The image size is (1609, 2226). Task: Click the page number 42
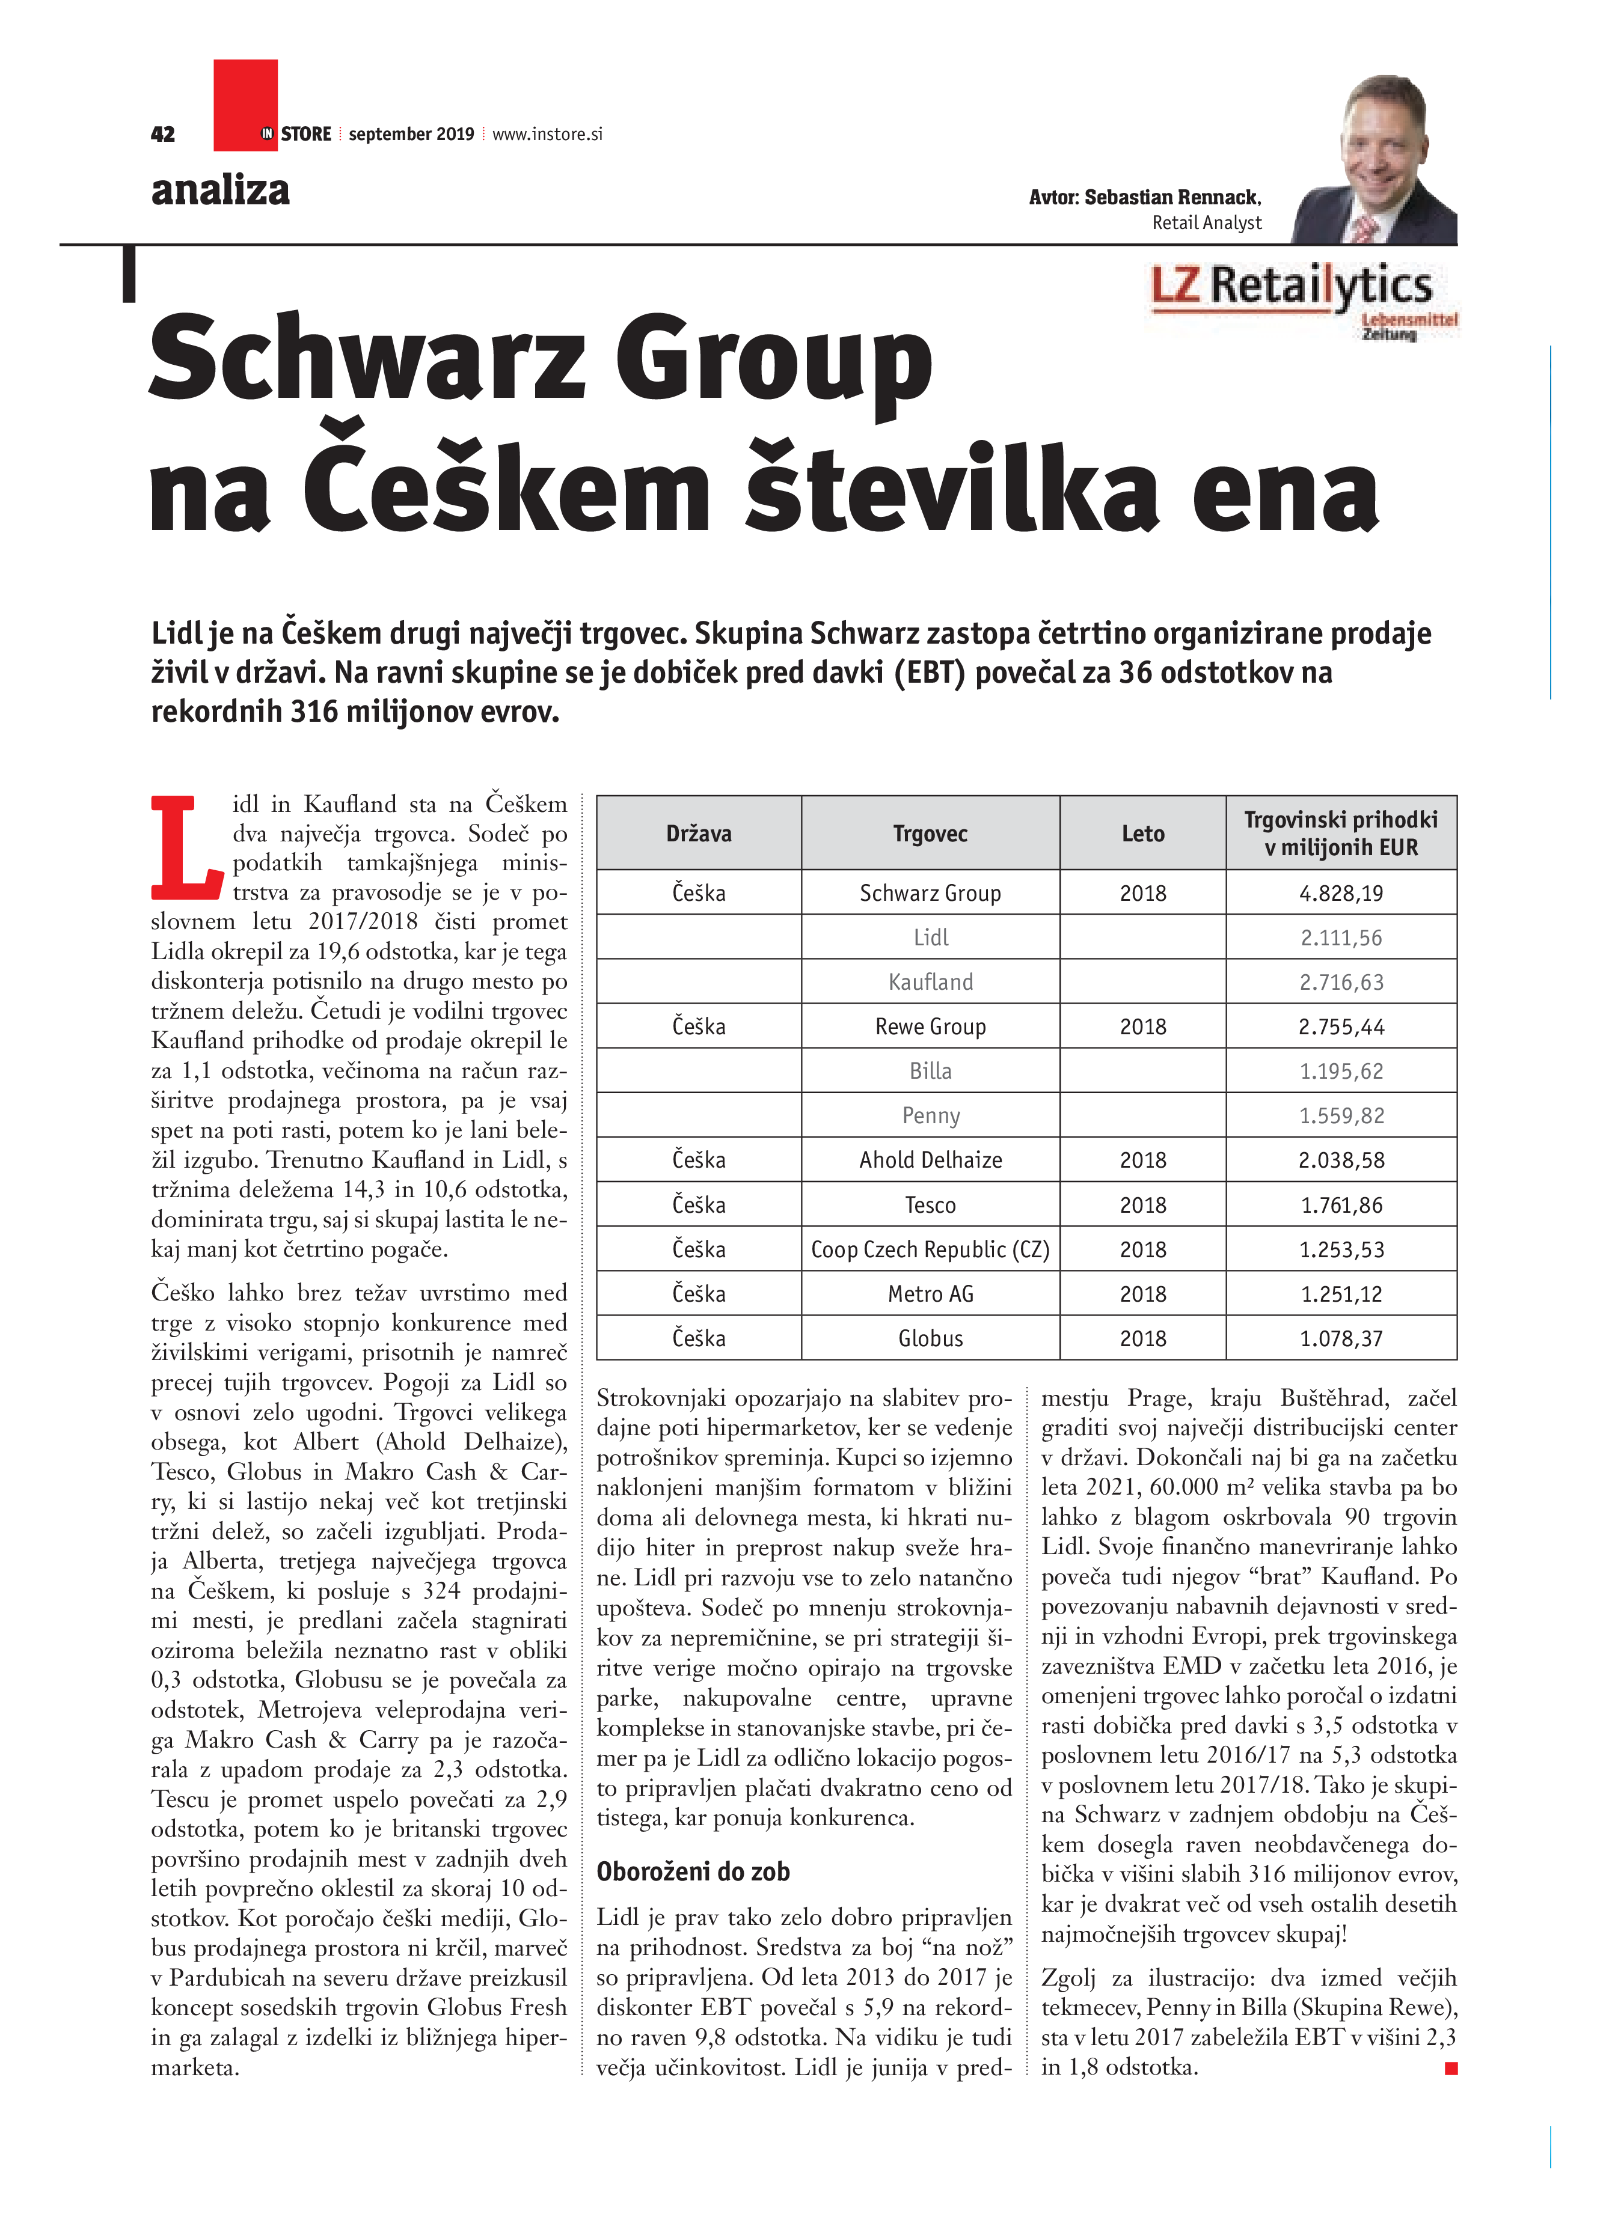coord(163,135)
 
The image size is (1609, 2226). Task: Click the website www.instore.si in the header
coord(547,135)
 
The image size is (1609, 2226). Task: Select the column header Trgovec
coord(930,834)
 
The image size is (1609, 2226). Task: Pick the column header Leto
coord(1142,834)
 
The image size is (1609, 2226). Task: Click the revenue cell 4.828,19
coord(1341,893)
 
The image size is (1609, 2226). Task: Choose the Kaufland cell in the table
coord(930,981)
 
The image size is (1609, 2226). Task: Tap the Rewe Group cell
coord(930,1026)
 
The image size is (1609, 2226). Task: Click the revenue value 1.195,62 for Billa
coord(1341,1071)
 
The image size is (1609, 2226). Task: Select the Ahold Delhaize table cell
coord(930,1160)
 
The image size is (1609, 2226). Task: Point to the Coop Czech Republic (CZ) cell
coord(930,1249)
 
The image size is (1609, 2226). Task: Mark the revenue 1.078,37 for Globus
coord(1341,1339)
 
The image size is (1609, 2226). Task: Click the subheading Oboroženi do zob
coord(693,1871)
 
